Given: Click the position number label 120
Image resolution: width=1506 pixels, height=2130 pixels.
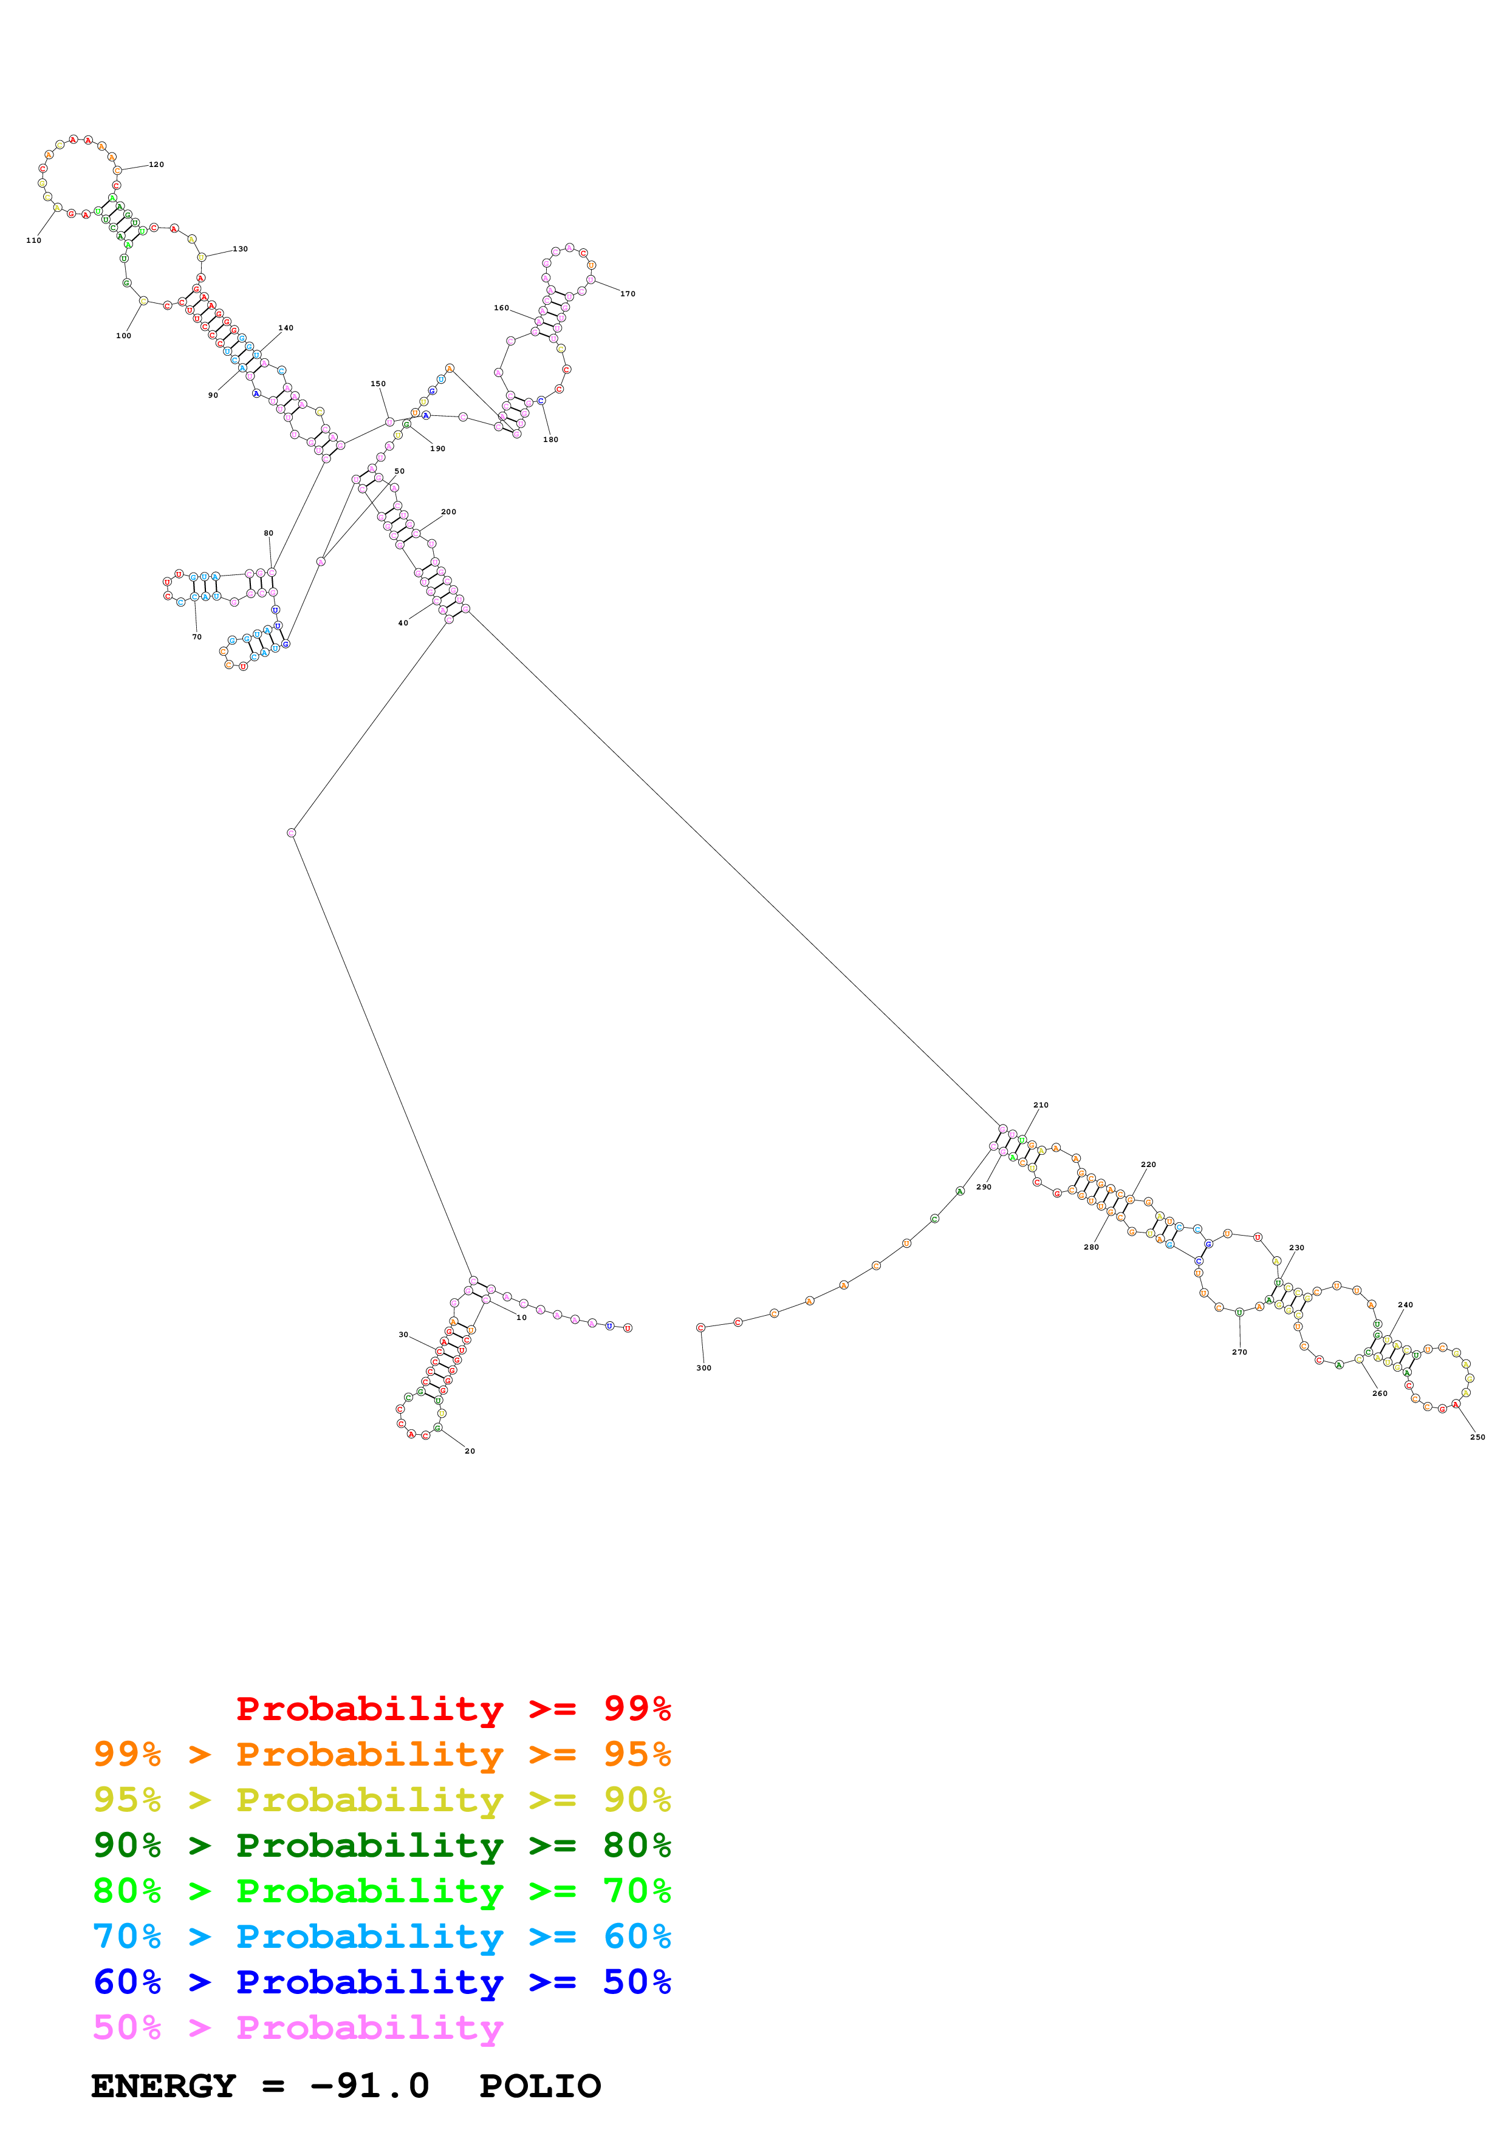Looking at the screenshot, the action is click(x=156, y=164).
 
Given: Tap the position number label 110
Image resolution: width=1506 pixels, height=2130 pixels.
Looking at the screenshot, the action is click(x=33, y=240).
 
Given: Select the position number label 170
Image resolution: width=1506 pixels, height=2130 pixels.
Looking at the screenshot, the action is click(x=628, y=294).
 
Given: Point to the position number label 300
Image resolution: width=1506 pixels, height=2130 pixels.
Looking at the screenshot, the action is click(x=704, y=1367).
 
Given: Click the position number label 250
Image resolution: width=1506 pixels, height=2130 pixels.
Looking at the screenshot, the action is click(x=1477, y=1437).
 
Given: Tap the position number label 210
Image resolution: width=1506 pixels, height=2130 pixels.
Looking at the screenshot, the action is click(x=1041, y=1105).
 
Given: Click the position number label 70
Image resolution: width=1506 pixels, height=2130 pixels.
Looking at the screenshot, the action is click(x=197, y=636).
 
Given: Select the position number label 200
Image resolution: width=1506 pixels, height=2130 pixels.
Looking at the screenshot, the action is click(x=448, y=512).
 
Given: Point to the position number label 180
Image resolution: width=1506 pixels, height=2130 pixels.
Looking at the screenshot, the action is click(x=550, y=440).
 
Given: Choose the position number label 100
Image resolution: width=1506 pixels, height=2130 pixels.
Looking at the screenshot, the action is click(x=123, y=336).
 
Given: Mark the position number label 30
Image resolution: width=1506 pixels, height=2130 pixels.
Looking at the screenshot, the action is click(x=403, y=1334).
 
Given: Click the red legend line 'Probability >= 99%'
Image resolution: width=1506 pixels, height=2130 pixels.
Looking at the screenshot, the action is click(x=453, y=1708).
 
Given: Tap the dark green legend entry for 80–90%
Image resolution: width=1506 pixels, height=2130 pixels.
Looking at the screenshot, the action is click(x=382, y=1845).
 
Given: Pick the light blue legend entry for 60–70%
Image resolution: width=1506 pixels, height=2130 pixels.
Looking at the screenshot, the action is click(x=382, y=1936).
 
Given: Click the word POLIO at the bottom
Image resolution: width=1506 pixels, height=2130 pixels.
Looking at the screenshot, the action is click(x=540, y=2086).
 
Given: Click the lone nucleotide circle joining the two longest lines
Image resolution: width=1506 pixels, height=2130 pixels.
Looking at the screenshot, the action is click(x=292, y=833).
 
